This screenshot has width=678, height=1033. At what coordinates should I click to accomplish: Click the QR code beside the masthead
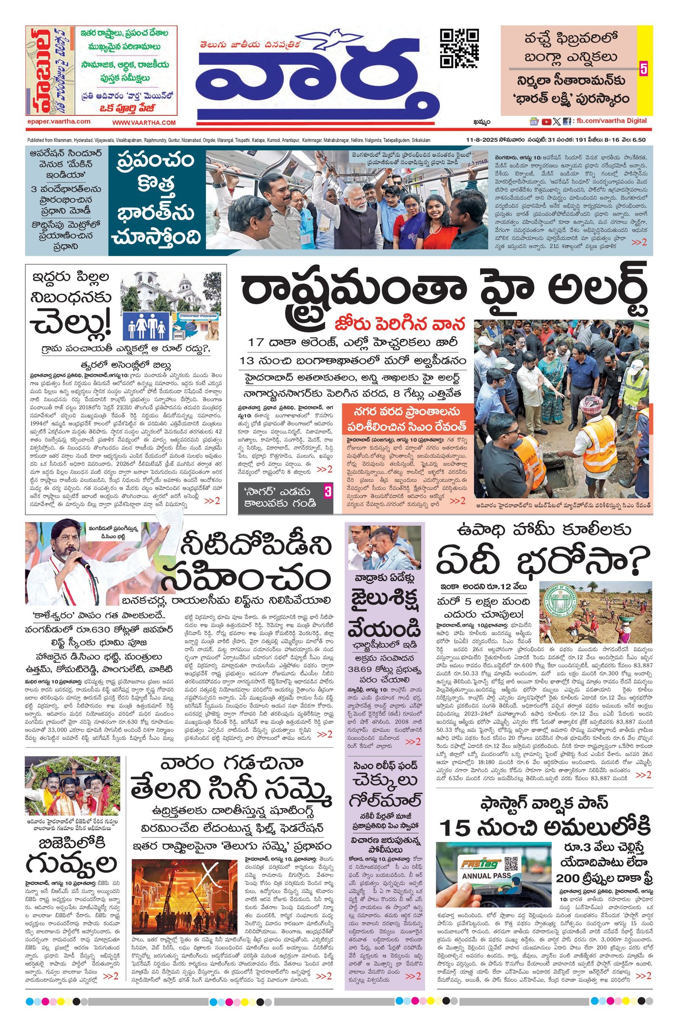[x=459, y=48]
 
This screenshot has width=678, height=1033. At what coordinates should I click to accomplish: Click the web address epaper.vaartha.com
[x=58, y=122]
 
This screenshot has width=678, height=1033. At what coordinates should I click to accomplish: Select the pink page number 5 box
[x=643, y=69]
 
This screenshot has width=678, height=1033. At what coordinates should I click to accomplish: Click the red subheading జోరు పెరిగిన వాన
[x=400, y=324]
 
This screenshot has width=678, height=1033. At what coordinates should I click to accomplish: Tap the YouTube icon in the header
[x=546, y=122]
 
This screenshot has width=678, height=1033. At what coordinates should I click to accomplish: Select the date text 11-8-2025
[x=481, y=140]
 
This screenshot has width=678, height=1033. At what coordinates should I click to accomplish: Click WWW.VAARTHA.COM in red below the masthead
[x=144, y=123]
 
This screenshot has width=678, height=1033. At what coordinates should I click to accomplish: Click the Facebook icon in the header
[x=567, y=122]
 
